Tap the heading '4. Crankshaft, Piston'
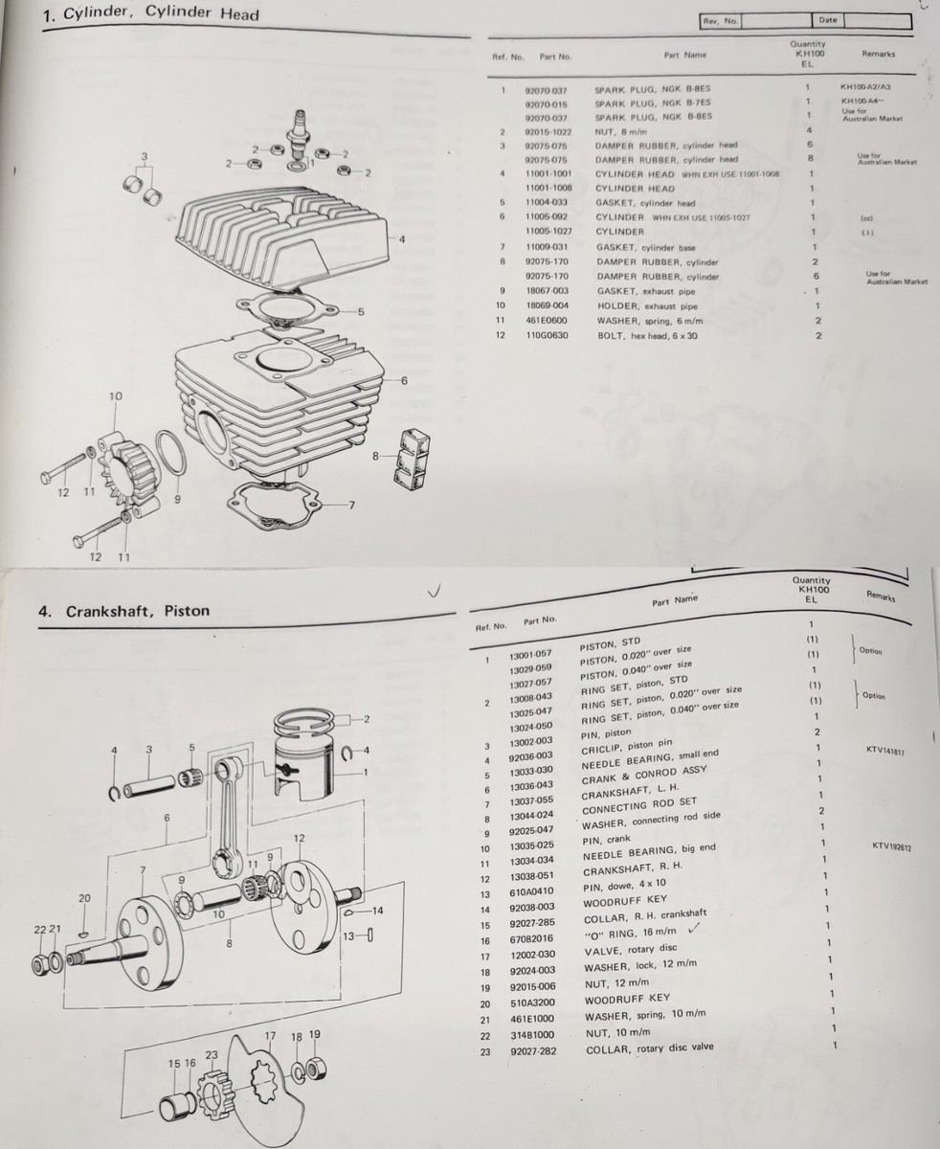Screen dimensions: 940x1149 (x=123, y=610)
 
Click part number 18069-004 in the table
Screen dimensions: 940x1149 (x=547, y=305)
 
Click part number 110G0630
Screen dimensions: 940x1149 (x=547, y=335)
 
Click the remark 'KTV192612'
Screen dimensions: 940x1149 (x=892, y=845)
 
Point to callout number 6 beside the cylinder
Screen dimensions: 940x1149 (x=404, y=380)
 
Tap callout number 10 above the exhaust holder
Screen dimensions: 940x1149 (x=116, y=396)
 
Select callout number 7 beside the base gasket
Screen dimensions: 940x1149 (x=351, y=505)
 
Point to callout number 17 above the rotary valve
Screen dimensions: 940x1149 (x=271, y=1036)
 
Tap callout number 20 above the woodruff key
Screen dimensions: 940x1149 (x=84, y=898)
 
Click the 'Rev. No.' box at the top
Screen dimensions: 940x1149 (x=720, y=20)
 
